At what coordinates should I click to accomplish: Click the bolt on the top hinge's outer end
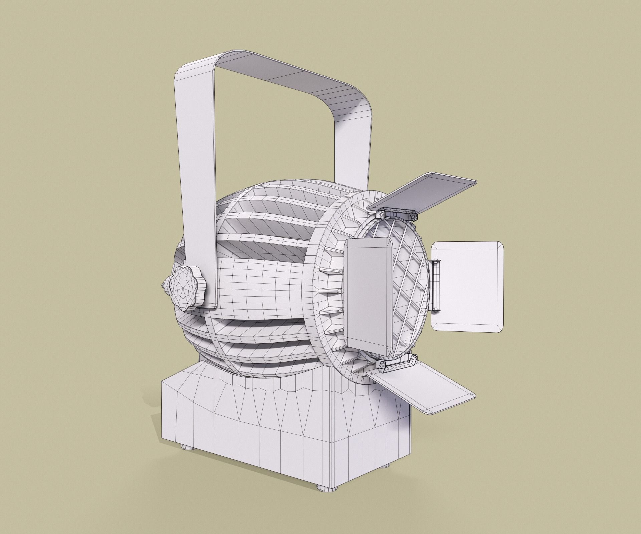click(x=414, y=217)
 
